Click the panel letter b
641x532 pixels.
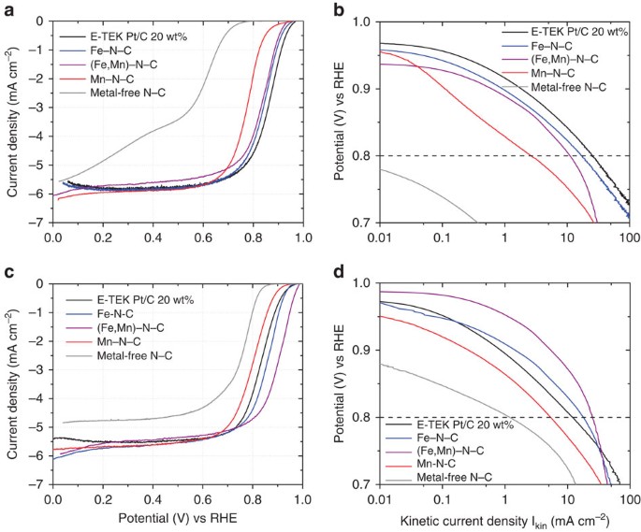340,10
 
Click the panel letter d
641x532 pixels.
340,272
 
